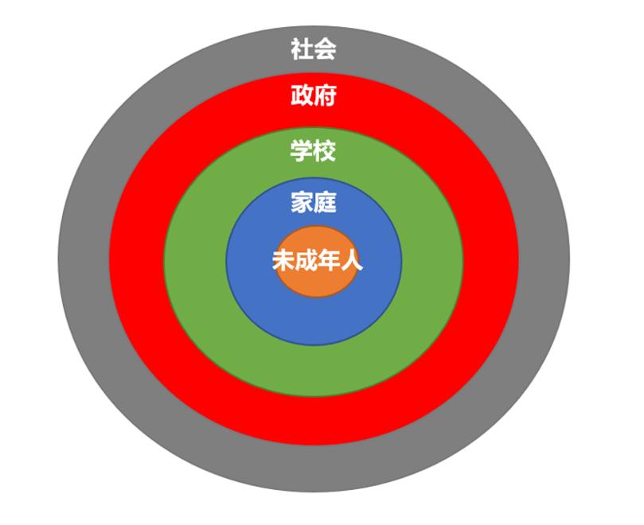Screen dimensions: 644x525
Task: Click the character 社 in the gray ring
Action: click(302, 49)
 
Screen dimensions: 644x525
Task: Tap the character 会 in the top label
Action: click(326, 49)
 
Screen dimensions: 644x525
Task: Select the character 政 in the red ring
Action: click(302, 95)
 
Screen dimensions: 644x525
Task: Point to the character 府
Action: click(326, 95)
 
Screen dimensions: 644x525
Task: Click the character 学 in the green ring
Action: click(302, 150)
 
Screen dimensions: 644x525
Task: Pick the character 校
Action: click(326, 150)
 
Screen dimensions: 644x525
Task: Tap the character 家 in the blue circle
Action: click(302, 202)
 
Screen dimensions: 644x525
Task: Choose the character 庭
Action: click(326, 202)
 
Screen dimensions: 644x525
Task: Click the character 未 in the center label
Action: click(283, 260)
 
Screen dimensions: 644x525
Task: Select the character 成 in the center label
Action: click(306, 260)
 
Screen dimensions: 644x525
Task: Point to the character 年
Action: click(329, 260)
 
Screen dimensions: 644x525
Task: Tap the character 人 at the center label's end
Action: click(352, 260)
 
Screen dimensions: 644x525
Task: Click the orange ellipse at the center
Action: click(316, 283)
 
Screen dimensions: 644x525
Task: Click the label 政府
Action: click(314, 95)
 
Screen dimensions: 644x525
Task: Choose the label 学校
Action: click(314, 150)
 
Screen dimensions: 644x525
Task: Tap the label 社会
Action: click(314, 49)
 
